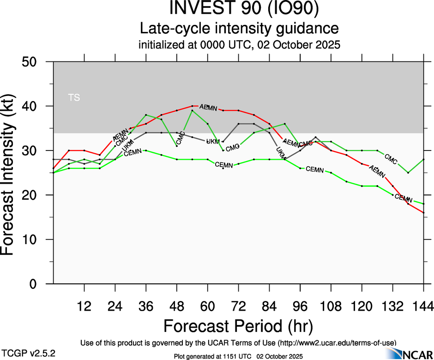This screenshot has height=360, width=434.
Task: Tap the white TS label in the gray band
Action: (74, 97)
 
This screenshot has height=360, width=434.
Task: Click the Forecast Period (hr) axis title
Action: (238, 326)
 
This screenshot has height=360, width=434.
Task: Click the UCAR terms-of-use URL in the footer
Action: (337, 342)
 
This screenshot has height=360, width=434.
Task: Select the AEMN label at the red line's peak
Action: (208, 108)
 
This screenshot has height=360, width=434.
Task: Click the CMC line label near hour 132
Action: (391, 160)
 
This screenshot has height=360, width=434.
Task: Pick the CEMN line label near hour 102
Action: (315, 169)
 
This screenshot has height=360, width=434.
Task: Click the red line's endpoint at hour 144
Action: (423, 212)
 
